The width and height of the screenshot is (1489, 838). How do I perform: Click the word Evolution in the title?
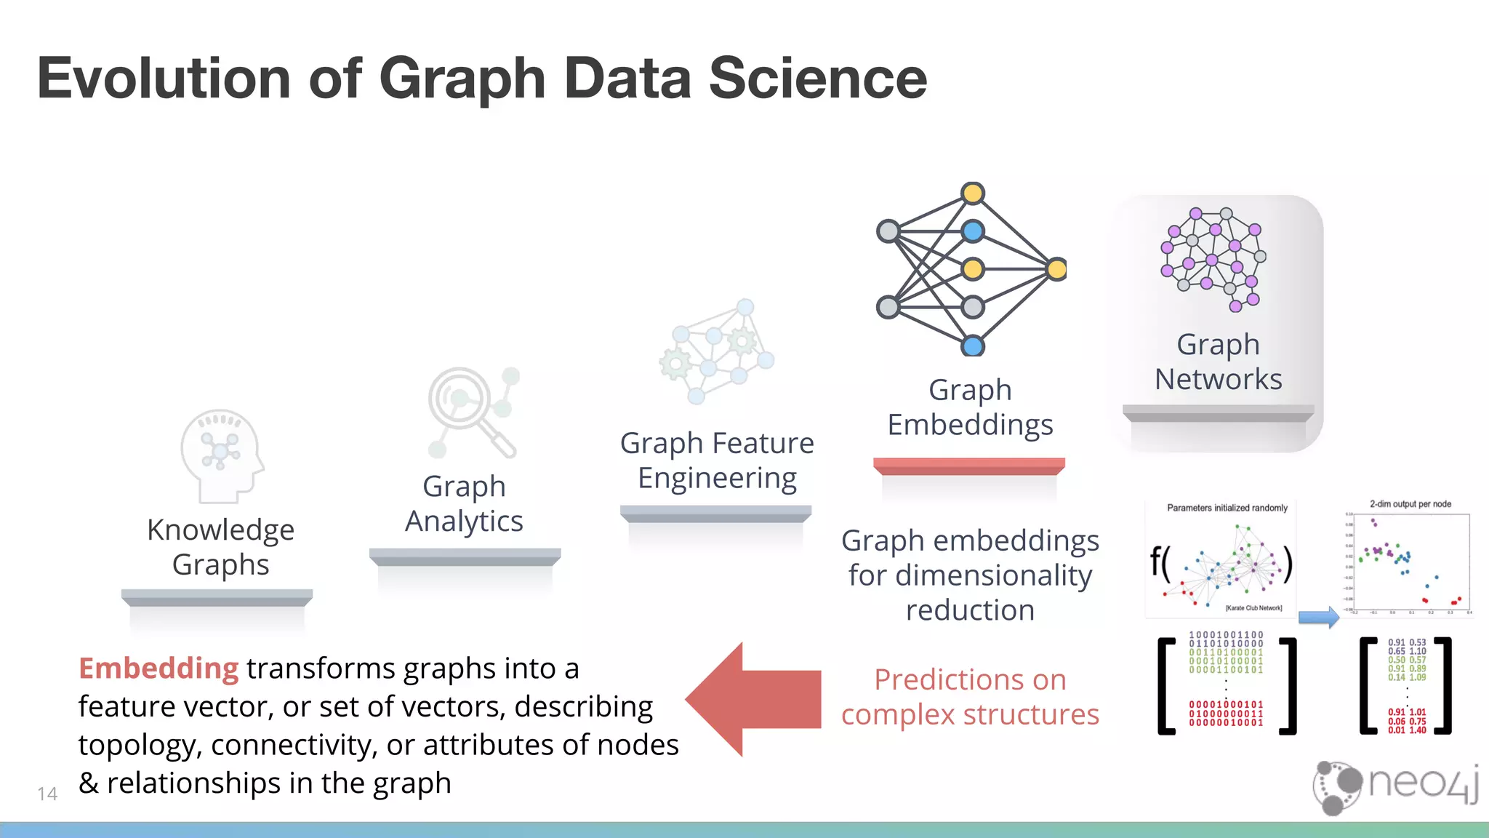tap(164, 79)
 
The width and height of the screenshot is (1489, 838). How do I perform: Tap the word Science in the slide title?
tap(818, 79)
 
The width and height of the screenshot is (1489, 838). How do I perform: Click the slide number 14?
tap(47, 794)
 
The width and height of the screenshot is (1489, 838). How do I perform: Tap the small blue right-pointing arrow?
tap(1318, 618)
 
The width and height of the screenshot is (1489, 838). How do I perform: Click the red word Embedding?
tap(158, 669)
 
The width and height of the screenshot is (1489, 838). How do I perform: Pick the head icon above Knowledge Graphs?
tap(221, 455)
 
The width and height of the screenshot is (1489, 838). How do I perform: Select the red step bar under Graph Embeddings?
tap(968, 466)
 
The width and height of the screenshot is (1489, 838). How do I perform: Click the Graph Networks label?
tap(1218, 362)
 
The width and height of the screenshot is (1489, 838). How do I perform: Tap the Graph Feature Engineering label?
tap(717, 460)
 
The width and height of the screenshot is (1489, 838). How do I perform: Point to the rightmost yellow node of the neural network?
tap(1057, 269)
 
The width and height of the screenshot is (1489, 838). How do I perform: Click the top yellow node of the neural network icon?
tap(973, 193)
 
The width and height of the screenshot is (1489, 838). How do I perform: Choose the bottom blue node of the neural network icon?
tap(973, 346)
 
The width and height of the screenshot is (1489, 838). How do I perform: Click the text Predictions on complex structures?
tap(970, 697)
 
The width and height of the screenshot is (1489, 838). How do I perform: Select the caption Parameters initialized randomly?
tap(1227, 508)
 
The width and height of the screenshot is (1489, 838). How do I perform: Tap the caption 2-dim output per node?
tap(1410, 504)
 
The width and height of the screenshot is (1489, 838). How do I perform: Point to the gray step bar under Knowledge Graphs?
tap(217, 597)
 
